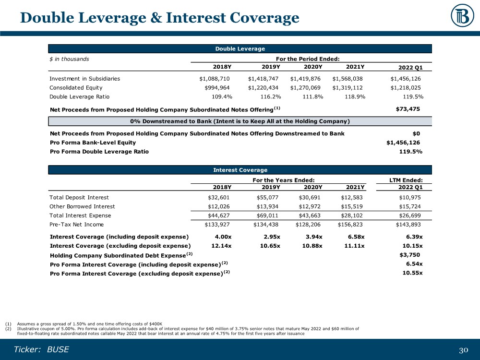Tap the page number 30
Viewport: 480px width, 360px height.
click(464, 350)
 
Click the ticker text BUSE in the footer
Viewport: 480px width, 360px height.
click(58, 349)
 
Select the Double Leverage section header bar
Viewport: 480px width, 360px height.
click(240, 48)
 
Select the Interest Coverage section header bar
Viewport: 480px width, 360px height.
click(240, 169)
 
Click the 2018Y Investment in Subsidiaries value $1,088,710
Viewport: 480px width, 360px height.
click(216, 78)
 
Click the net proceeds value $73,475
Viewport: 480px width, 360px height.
click(408, 109)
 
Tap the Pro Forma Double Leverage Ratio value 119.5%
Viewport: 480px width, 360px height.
click(411, 152)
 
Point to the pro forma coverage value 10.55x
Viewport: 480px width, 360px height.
click(412, 273)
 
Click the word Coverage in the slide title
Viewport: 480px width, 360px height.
click(257, 18)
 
